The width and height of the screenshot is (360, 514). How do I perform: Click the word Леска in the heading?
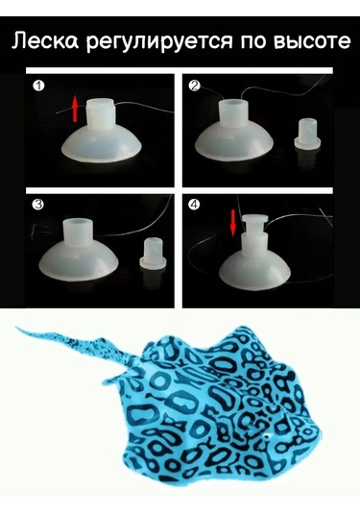coord(45,40)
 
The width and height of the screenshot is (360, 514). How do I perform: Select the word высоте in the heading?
coord(311,41)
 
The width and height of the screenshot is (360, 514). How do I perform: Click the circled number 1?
coord(39,86)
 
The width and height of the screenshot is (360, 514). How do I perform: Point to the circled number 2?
coord(195,86)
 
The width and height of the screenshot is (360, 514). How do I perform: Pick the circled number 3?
coord(39,205)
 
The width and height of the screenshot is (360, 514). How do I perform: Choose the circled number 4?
coord(195,205)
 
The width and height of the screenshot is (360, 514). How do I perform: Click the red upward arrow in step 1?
coord(75,109)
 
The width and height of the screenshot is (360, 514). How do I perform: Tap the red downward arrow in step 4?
coord(233,223)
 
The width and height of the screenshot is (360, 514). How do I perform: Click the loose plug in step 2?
coord(307,135)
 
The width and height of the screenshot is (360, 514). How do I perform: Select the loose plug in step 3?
coord(153,254)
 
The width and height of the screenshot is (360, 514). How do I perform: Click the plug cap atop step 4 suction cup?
coord(255,223)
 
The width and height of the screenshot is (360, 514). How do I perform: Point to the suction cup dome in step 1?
coord(102,144)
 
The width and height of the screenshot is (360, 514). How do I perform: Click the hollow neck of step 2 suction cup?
coord(233,113)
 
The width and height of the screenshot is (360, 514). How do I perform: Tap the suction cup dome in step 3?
coord(78,259)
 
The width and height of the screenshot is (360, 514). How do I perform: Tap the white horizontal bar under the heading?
coord(180,70)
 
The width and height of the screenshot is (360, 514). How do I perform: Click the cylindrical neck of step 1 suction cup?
coord(100,115)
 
